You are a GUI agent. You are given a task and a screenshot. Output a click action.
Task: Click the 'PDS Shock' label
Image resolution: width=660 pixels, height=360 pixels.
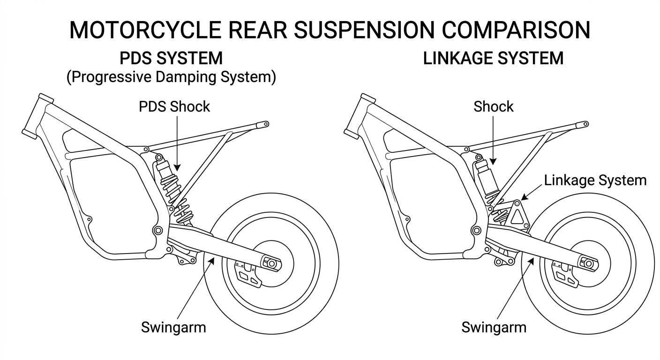point(174,107)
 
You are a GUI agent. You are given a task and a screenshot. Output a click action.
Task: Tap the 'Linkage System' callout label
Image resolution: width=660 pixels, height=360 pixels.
point(595,180)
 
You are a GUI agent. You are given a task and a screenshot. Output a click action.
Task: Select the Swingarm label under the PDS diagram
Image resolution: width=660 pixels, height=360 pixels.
point(173,327)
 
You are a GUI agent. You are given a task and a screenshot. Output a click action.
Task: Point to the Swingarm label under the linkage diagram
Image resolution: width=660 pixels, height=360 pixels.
point(494,327)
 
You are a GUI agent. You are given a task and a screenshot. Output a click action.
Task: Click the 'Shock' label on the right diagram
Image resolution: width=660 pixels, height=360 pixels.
point(494,107)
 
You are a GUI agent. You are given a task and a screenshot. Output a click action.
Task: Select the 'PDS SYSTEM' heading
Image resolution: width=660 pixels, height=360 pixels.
point(171,58)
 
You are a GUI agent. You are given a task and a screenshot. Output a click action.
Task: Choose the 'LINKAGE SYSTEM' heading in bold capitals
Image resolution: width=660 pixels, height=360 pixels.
point(493,58)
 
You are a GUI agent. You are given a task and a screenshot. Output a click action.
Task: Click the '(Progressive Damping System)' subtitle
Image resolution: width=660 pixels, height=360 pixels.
point(171,77)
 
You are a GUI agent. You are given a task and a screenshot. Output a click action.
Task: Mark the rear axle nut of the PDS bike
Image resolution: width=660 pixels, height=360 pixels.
point(271,263)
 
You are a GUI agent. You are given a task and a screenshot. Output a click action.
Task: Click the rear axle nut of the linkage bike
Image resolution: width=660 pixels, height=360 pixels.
point(589,263)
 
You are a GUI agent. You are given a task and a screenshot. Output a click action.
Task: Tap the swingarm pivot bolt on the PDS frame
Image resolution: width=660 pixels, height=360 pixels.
point(158,230)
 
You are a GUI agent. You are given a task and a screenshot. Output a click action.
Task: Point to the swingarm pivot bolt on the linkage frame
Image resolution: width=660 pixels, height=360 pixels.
point(476,230)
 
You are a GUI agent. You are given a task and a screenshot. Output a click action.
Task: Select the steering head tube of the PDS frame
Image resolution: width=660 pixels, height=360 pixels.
point(37,116)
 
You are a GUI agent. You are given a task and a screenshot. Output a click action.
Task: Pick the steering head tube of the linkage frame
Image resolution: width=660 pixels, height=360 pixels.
point(360,116)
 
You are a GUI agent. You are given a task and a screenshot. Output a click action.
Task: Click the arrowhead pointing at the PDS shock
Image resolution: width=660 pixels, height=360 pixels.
point(177,168)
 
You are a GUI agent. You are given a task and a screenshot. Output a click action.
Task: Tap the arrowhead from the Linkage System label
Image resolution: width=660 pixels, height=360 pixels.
point(525,197)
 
